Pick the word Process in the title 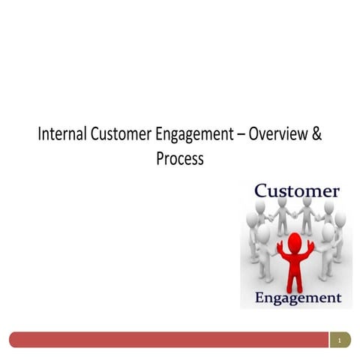click(180, 159)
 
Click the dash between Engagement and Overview click(240, 136)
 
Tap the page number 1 click(340, 341)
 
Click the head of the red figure click(295, 241)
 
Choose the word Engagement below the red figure click(298, 298)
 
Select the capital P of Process click(160, 159)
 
